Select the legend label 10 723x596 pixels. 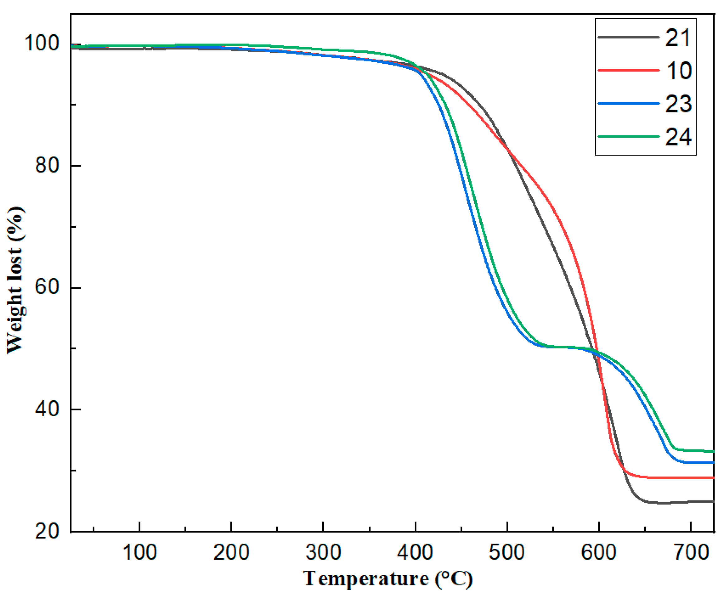(x=679, y=71)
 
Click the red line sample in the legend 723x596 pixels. (x=628, y=70)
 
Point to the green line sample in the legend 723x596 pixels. (x=628, y=136)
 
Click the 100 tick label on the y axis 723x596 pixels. (x=41, y=43)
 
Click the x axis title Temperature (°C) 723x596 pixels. (x=388, y=579)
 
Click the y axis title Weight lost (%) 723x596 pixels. (x=16, y=280)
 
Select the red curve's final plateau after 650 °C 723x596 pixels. (x=680, y=478)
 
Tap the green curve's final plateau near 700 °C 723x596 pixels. (x=697, y=451)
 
